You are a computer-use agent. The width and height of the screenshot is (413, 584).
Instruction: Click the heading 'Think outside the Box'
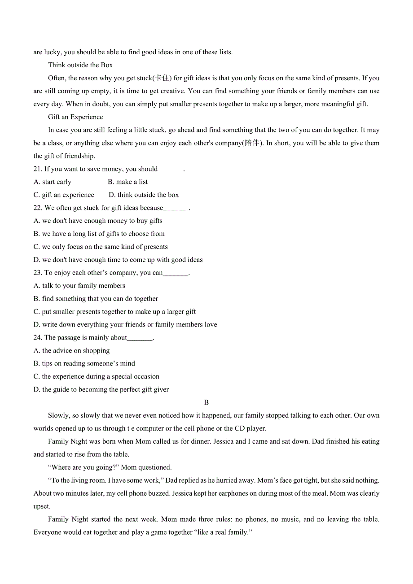(80, 65)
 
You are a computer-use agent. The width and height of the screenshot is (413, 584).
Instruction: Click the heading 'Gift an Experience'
(75, 117)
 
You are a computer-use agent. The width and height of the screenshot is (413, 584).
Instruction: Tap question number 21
(38, 169)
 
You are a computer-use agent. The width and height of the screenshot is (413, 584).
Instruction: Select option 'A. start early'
(53, 182)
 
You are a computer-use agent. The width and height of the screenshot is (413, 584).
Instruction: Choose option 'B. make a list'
(127, 182)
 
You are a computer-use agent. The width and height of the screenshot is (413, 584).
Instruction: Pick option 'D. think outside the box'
(144, 195)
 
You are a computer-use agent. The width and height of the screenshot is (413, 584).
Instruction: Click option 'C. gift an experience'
(64, 195)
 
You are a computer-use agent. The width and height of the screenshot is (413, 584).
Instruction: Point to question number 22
(38, 208)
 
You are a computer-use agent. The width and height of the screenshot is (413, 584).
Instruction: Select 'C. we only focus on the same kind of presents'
(101, 247)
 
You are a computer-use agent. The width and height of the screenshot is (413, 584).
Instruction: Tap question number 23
(38, 273)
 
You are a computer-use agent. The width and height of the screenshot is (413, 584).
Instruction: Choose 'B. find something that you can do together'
(96, 299)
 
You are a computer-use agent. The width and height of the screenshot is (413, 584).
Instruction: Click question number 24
(38, 338)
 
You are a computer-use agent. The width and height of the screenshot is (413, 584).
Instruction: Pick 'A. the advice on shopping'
(71, 351)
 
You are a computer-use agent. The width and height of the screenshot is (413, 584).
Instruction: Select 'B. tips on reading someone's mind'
(84, 364)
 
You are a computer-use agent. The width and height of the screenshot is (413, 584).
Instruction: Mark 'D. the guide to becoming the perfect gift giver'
(101, 390)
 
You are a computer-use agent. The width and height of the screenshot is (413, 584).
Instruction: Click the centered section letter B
(206, 403)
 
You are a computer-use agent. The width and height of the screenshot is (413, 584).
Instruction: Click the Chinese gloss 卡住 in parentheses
(162, 78)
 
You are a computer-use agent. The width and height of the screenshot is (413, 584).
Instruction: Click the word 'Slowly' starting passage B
(58, 416)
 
